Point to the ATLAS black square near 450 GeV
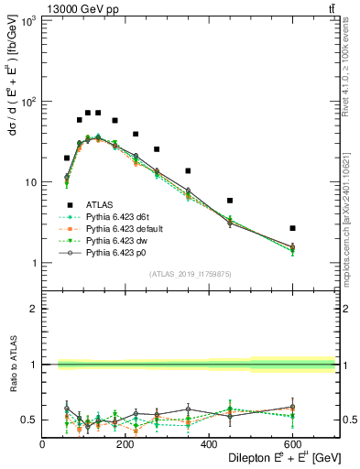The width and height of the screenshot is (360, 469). point(230,201)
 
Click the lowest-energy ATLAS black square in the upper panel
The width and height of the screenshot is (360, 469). point(67,158)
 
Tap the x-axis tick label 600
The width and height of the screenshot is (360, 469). point(292,446)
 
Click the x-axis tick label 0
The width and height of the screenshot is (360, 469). point(42,446)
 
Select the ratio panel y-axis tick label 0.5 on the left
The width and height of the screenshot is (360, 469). point(30,420)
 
